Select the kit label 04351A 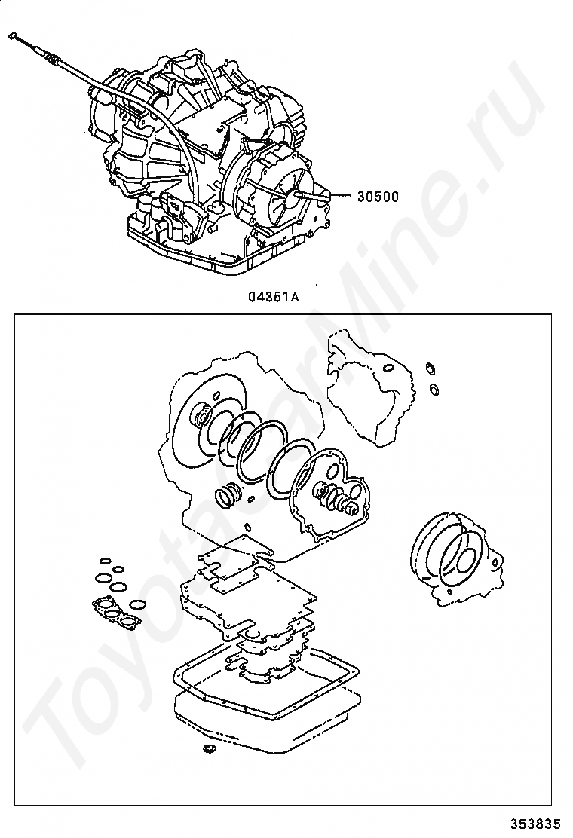(274, 297)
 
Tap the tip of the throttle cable (14, 35)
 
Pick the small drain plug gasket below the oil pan (209, 750)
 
